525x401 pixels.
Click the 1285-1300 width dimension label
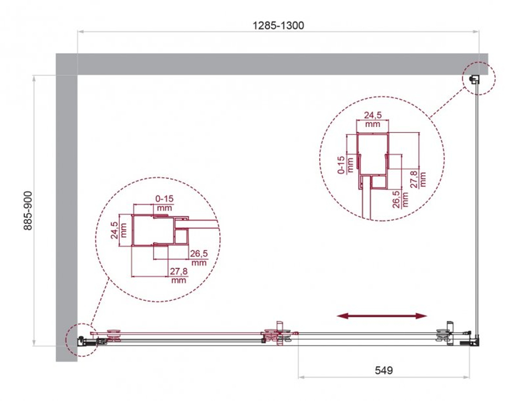279,25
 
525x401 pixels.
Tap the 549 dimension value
384,370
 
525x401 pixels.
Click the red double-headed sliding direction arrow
382,315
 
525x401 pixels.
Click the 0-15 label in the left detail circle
164,203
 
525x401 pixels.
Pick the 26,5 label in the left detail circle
199,257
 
